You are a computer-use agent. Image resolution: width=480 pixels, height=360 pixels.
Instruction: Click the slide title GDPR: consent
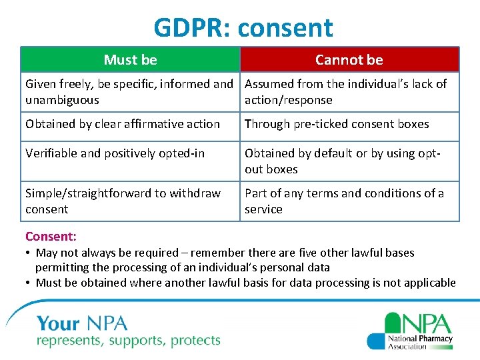243,28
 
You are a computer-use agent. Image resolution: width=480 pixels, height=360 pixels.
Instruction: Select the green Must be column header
130,59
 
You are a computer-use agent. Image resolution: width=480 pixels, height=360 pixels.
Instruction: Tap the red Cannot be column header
349,59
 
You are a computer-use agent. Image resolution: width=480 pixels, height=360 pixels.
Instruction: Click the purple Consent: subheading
51,236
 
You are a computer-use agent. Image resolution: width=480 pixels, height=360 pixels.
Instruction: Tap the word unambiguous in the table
62,100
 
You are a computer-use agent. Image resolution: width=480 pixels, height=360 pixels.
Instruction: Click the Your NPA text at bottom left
82,324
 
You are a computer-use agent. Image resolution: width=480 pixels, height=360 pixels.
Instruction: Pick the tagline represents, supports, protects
128,341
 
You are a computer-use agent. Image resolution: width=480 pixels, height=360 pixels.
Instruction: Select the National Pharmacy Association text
420,342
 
